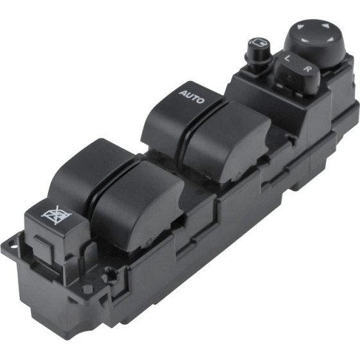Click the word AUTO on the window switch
point(192,97)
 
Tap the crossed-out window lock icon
point(57,215)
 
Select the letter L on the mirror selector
point(287,58)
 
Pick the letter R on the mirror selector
point(307,68)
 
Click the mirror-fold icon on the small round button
point(258,42)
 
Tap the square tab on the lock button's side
point(44,249)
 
